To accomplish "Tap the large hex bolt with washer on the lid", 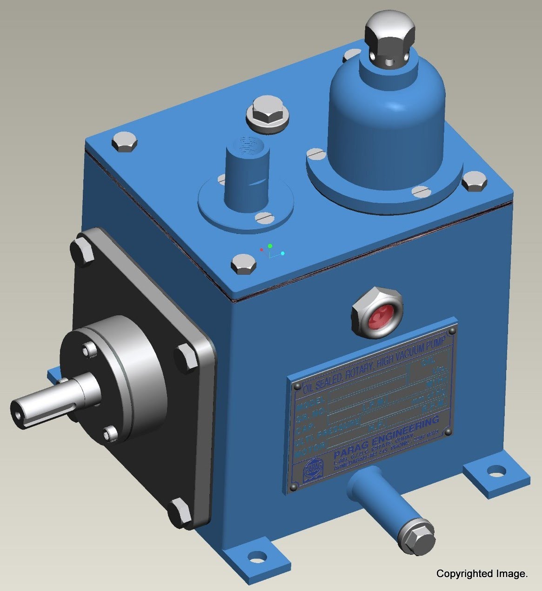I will pos(267,114).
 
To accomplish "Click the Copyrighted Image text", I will pos(482,574).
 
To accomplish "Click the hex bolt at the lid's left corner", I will pos(125,142).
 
